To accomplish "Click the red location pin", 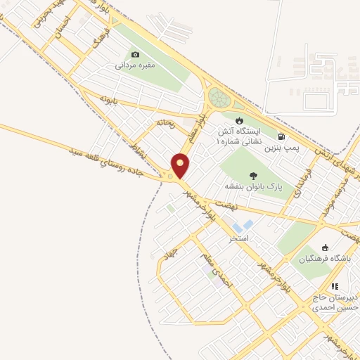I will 181,166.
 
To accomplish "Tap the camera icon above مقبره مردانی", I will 135,54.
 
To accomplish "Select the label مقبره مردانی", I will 135,65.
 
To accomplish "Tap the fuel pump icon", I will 282,136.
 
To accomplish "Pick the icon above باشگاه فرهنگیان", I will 325,247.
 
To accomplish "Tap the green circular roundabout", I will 218,98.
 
